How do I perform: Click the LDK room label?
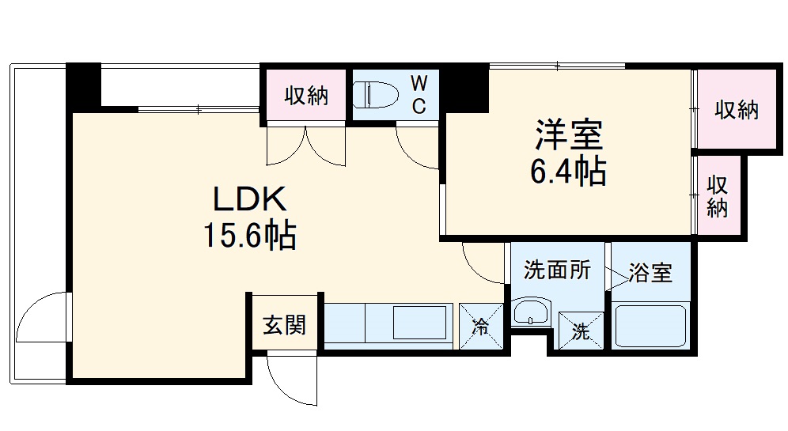point(241,198)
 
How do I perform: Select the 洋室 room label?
point(569,134)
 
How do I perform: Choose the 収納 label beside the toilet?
point(306,96)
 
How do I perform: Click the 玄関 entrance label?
point(284,324)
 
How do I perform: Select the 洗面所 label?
point(557,271)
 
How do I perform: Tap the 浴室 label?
point(650,274)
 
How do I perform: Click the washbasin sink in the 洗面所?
point(528,313)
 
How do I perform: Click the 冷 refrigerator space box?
point(480,326)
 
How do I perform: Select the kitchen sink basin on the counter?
point(419,324)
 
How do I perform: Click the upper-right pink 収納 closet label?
point(737,110)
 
